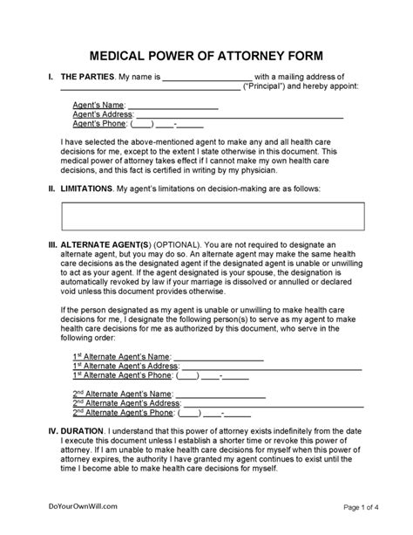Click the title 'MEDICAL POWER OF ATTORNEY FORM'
[206, 51]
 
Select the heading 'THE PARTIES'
[85, 78]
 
